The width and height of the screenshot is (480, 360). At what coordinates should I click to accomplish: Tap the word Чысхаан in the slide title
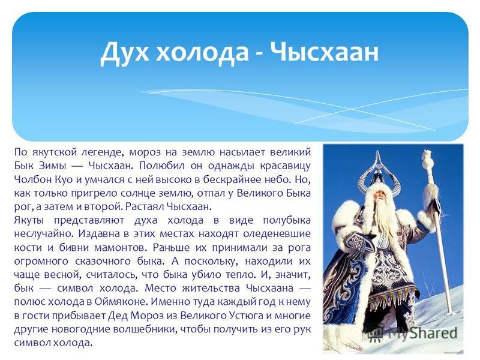(325, 52)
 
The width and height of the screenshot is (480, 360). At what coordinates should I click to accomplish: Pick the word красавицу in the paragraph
(286, 166)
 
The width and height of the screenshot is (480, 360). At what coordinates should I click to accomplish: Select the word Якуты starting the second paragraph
(29, 220)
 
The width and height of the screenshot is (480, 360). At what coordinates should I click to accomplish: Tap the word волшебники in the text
(145, 329)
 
